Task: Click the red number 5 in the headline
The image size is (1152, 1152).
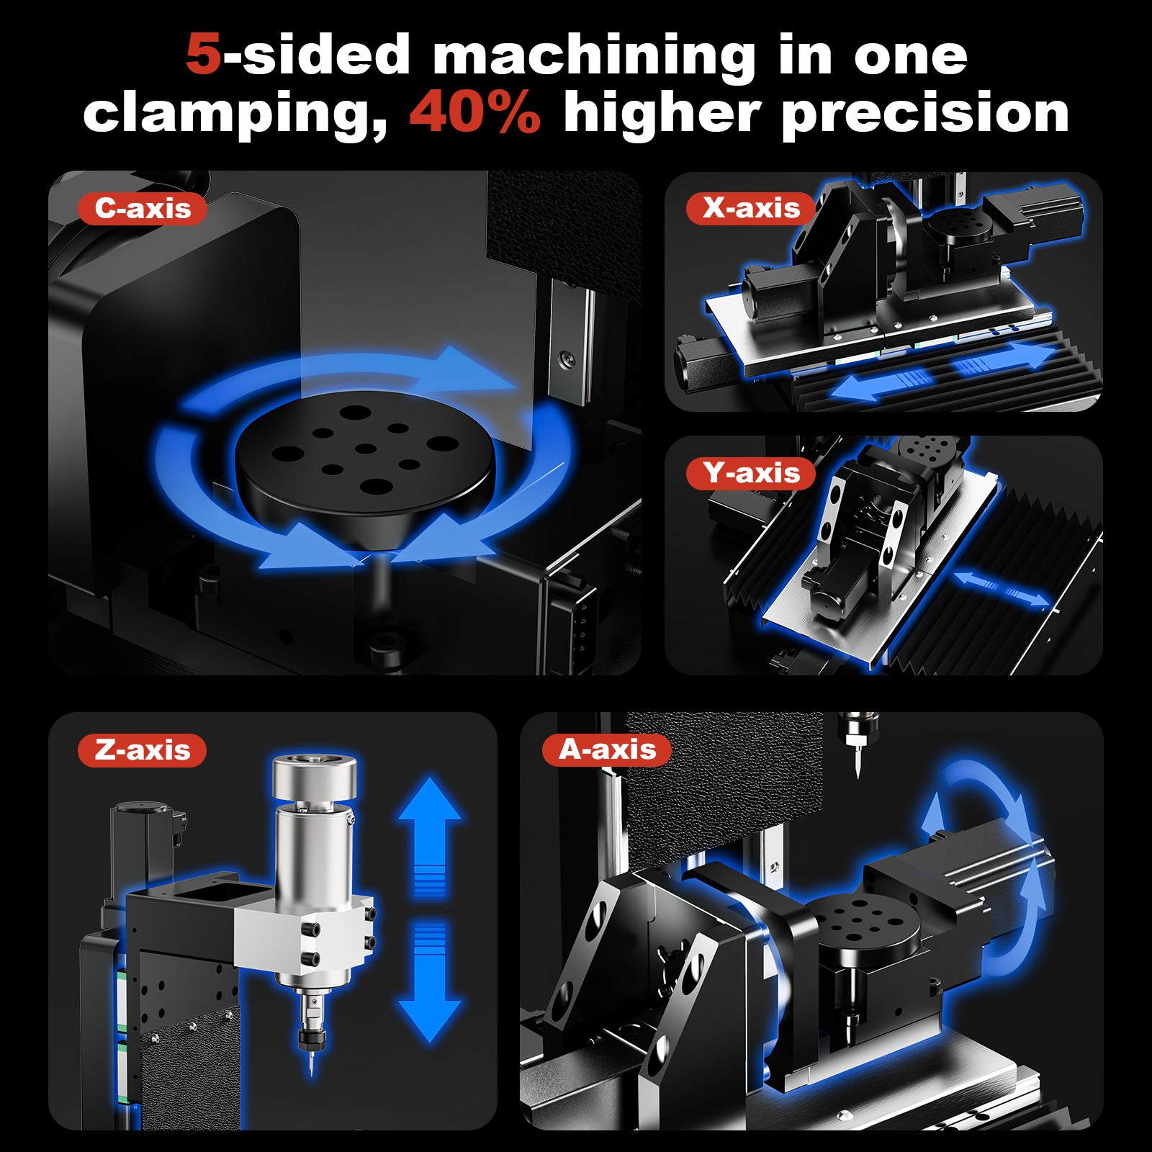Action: coord(203,55)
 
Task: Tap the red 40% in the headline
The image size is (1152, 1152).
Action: coord(474,113)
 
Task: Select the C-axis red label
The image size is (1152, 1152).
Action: coord(143,209)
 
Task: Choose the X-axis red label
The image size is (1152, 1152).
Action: coord(751,209)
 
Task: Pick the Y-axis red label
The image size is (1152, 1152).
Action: coord(751,473)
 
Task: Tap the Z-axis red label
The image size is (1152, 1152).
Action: coord(142,750)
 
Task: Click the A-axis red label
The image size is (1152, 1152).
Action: coord(607,750)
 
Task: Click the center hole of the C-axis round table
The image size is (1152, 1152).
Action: coord(366,449)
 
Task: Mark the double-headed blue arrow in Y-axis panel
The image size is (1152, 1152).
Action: coord(1001,588)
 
